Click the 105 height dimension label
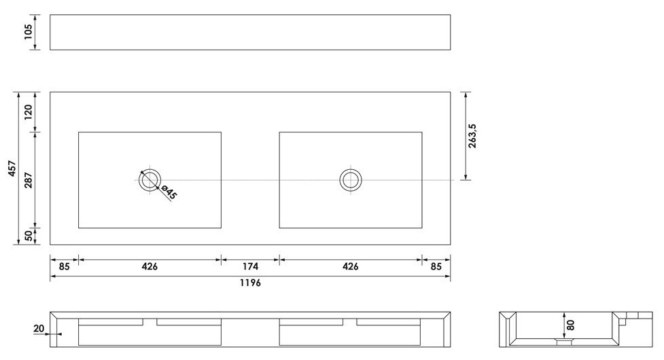point(28,32)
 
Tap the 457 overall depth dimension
point(12,168)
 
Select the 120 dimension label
point(28,112)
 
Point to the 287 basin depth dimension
point(28,180)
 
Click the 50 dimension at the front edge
point(28,236)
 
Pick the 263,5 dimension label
point(472,137)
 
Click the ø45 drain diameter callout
point(169,192)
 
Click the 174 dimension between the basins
point(250,266)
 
